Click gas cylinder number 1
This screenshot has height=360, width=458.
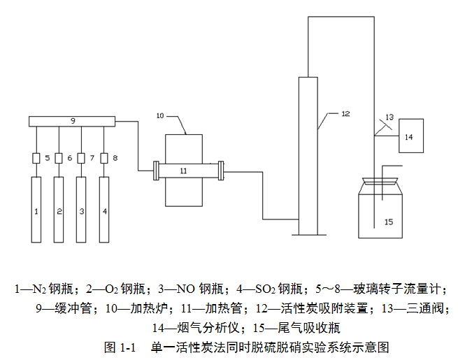[36, 210]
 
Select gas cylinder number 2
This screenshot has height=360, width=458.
[59, 210]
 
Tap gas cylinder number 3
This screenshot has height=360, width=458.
[81, 210]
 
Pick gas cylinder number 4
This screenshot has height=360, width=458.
[104, 210]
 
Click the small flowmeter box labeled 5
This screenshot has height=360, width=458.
[36, 158]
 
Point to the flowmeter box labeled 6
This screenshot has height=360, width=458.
[59, 158]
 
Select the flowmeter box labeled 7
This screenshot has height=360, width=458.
[81, 158]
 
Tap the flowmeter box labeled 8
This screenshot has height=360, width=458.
[104, 158]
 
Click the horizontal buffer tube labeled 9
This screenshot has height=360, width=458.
[71, 122]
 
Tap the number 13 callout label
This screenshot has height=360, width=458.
[389, 117]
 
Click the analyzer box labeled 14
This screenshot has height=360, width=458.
[409, 136]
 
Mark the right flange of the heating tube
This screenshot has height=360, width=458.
[221, 170]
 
